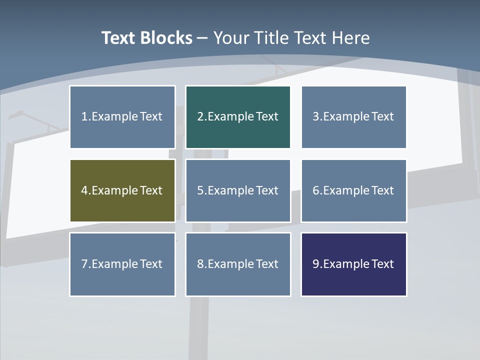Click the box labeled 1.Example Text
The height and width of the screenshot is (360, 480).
tap(122, 117)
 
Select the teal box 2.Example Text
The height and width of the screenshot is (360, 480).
tap(238, 117)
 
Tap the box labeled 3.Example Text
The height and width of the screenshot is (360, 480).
tap(353, 117)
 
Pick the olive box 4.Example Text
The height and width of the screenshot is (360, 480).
tap(122, 190)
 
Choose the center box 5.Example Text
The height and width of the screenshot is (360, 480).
tap(238, 190)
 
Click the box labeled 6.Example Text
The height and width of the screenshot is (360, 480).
tap(353, 190)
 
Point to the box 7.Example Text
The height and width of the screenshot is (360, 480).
tap(122, 264)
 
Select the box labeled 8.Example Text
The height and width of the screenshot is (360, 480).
tap(238, 264)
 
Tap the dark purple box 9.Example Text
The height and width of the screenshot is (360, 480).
tap(353, 264)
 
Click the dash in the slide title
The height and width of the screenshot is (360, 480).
tap(202, 38)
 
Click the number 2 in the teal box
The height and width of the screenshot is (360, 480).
tap(200, 117)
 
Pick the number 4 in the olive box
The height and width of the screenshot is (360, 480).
tap(84, 190)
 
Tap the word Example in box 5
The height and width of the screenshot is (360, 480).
tap(230, 190)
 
